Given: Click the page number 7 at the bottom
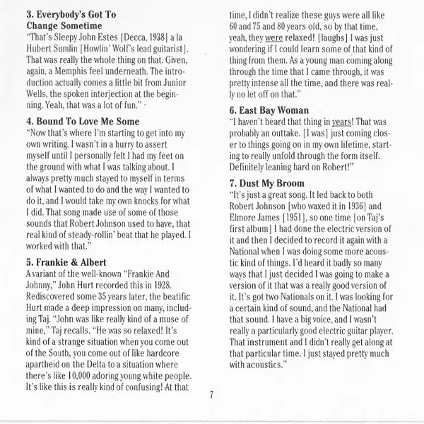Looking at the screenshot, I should [211, 394].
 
